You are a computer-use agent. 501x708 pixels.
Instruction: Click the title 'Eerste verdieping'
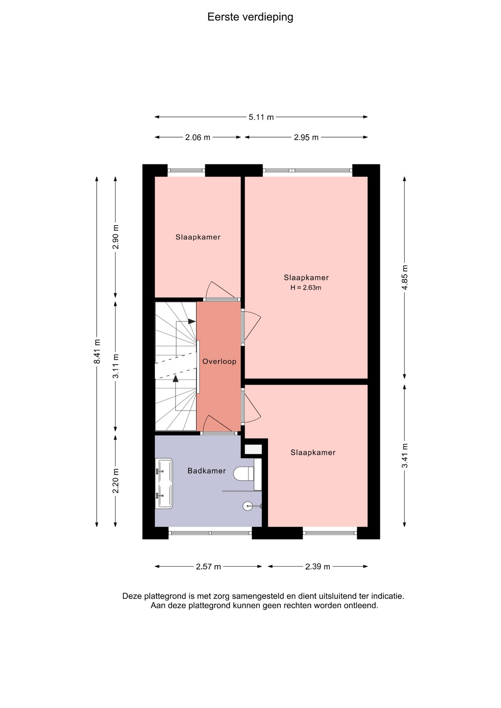coord(250,17)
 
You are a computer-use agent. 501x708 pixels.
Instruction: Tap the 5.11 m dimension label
coord(261,117)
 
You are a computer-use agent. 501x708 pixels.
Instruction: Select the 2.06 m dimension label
coord(198,138)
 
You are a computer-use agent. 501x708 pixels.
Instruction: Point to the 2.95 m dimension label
coord(306,138)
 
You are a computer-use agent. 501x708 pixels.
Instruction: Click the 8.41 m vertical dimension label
coord(97,351)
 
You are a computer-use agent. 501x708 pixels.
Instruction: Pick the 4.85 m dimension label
coord(405,277)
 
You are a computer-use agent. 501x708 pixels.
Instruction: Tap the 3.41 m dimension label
coord(405,455)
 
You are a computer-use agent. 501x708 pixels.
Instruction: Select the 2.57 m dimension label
coord(208,567)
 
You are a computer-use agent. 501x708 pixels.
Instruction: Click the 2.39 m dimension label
coord(318,567)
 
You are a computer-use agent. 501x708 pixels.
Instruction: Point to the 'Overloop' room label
coord(220,361)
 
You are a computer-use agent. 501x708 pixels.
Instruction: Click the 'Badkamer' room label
coord(207,471)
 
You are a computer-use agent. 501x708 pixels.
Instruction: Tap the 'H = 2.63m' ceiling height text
coord(306,288)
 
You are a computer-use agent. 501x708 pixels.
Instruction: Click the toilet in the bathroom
coord(244,473)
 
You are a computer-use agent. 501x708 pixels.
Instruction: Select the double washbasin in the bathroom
coord(164,483)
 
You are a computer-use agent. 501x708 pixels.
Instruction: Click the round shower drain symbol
coord(248,506)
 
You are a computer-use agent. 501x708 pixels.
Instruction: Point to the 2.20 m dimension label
coord(116,481)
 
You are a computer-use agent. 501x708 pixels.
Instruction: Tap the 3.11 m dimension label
coord(116,366)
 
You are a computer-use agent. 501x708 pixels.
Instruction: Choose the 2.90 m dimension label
coord(116,237)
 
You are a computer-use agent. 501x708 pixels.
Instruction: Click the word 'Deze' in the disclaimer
coord(132,596)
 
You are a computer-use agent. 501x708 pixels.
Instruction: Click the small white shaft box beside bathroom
coord(253,450)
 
